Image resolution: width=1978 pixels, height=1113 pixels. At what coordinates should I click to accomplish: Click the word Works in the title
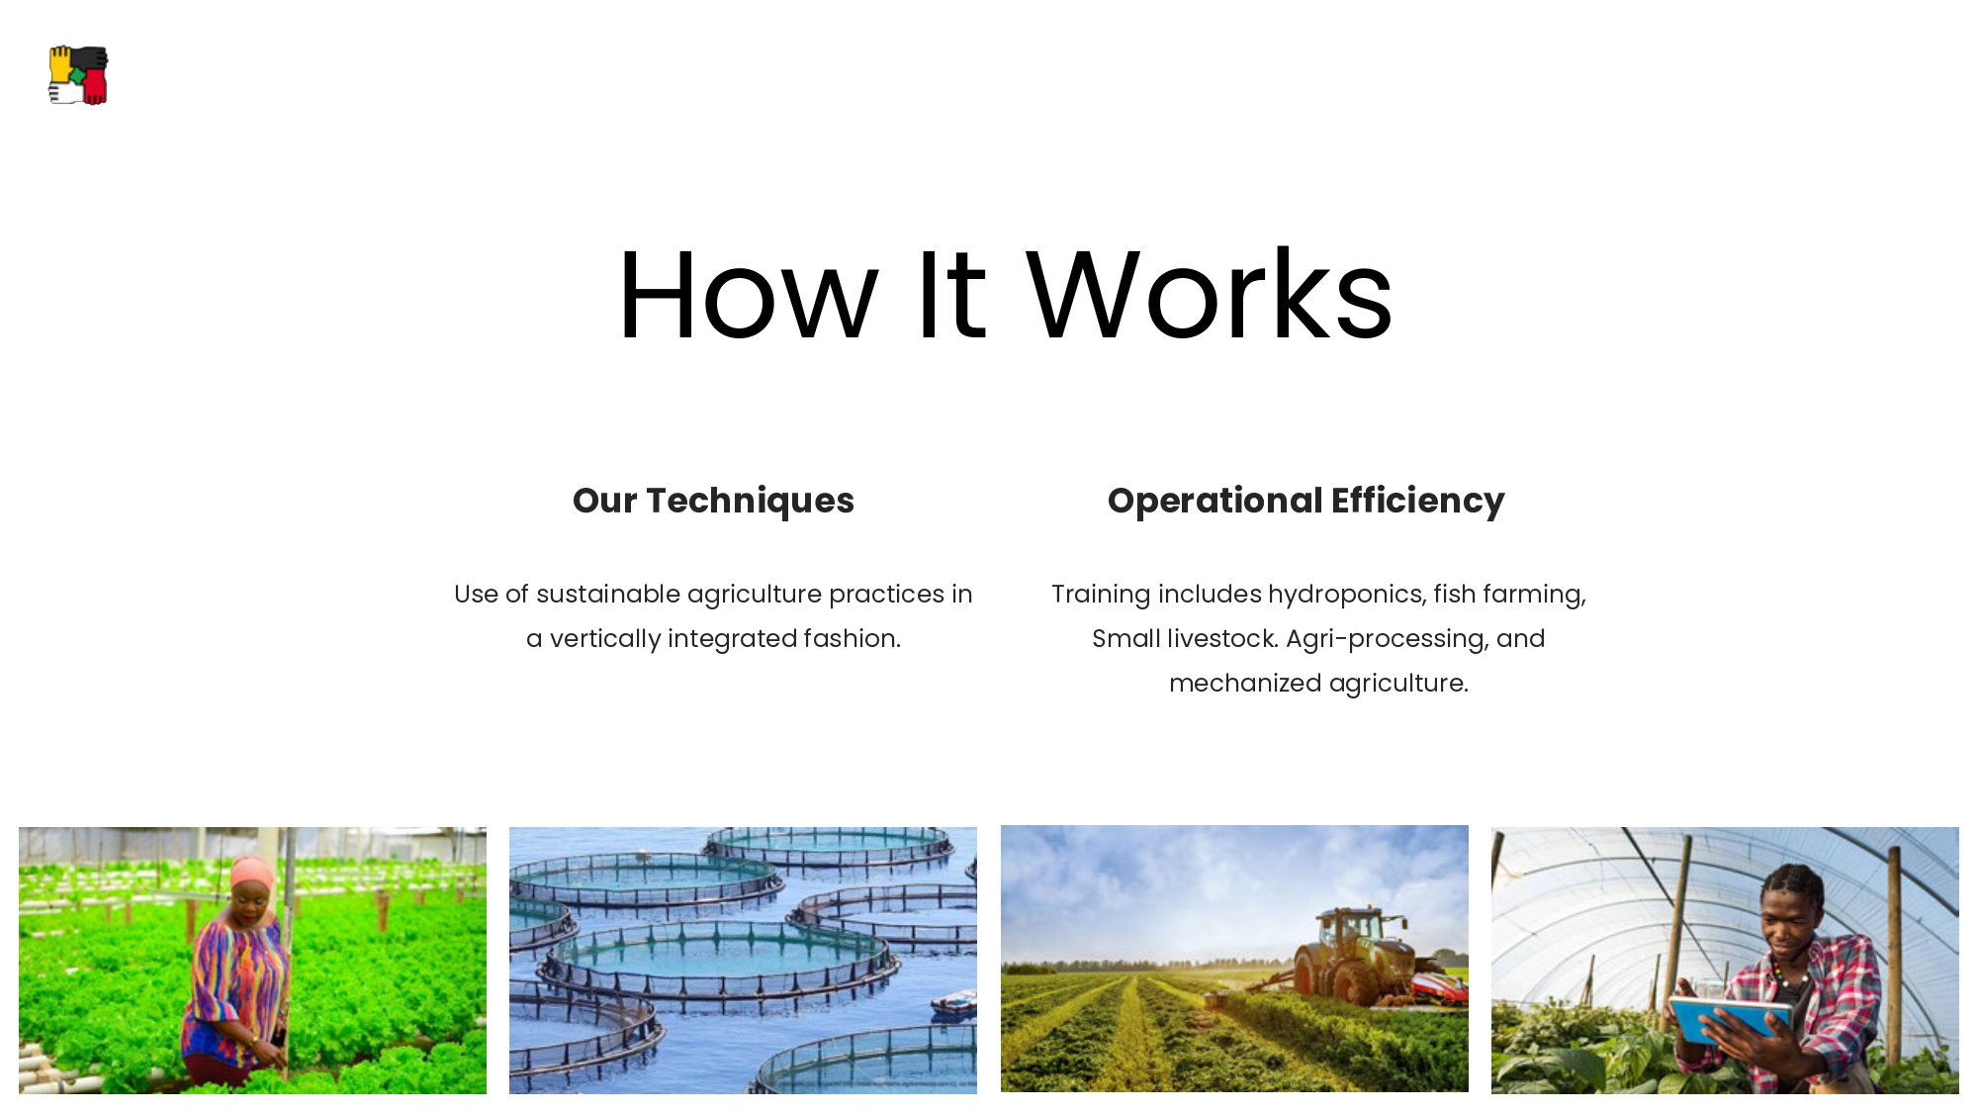(1210, 294)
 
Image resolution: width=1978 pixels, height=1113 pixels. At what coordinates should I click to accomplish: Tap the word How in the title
(749, 296)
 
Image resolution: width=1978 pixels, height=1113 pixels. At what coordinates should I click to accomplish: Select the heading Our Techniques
(713, 501)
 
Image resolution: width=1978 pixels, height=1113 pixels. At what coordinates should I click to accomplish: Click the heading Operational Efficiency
(1305, 501)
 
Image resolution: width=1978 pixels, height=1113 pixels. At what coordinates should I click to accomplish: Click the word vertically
(605, 639)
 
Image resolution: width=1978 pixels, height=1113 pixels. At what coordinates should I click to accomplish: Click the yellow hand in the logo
(61, 63)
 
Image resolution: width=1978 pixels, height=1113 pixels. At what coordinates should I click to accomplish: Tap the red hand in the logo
(95, 86)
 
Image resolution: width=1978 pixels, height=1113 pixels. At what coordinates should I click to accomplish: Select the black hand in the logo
(90, 57)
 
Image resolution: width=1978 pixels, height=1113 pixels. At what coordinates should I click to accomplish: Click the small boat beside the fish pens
(953, 1004)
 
